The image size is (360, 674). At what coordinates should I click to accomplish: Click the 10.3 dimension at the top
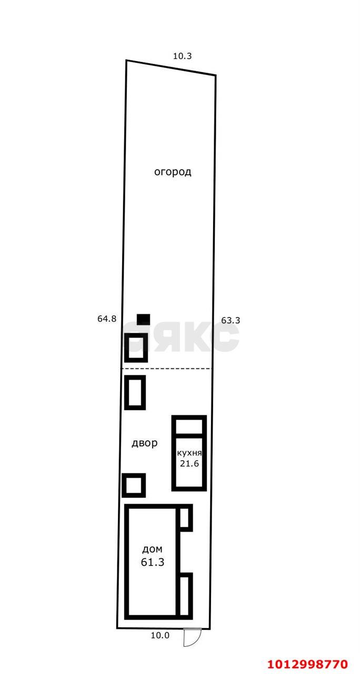point(182,55)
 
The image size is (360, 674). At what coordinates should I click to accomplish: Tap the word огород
point(173,172)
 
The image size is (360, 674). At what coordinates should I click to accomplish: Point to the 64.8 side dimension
point(107,319)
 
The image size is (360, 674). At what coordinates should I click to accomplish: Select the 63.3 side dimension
point(231,320)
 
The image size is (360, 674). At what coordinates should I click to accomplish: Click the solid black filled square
point(143,319)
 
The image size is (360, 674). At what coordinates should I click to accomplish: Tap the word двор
point(144,443)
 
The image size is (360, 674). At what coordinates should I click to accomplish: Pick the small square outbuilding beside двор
point(134,485)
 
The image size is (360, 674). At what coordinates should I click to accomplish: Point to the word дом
point(152,549)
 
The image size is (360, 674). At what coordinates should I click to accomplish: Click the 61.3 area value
point(153,562)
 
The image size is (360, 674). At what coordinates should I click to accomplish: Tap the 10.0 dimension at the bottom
point(160,635)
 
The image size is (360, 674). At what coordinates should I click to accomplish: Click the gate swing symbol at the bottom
point(191,638)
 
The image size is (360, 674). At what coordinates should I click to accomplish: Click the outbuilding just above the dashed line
point(136,347)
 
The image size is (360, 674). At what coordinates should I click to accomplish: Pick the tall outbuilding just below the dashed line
point(135,392)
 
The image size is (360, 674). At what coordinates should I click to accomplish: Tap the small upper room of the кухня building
point(189,425)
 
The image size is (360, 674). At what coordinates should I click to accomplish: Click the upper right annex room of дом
point(185,518)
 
